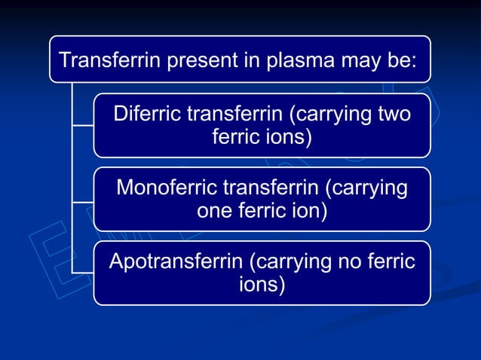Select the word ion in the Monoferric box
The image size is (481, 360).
click(x=311, y=212)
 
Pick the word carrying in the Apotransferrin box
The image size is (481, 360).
click(x=293, y=262)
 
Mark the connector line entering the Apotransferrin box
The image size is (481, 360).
click(x=82, y=272)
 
